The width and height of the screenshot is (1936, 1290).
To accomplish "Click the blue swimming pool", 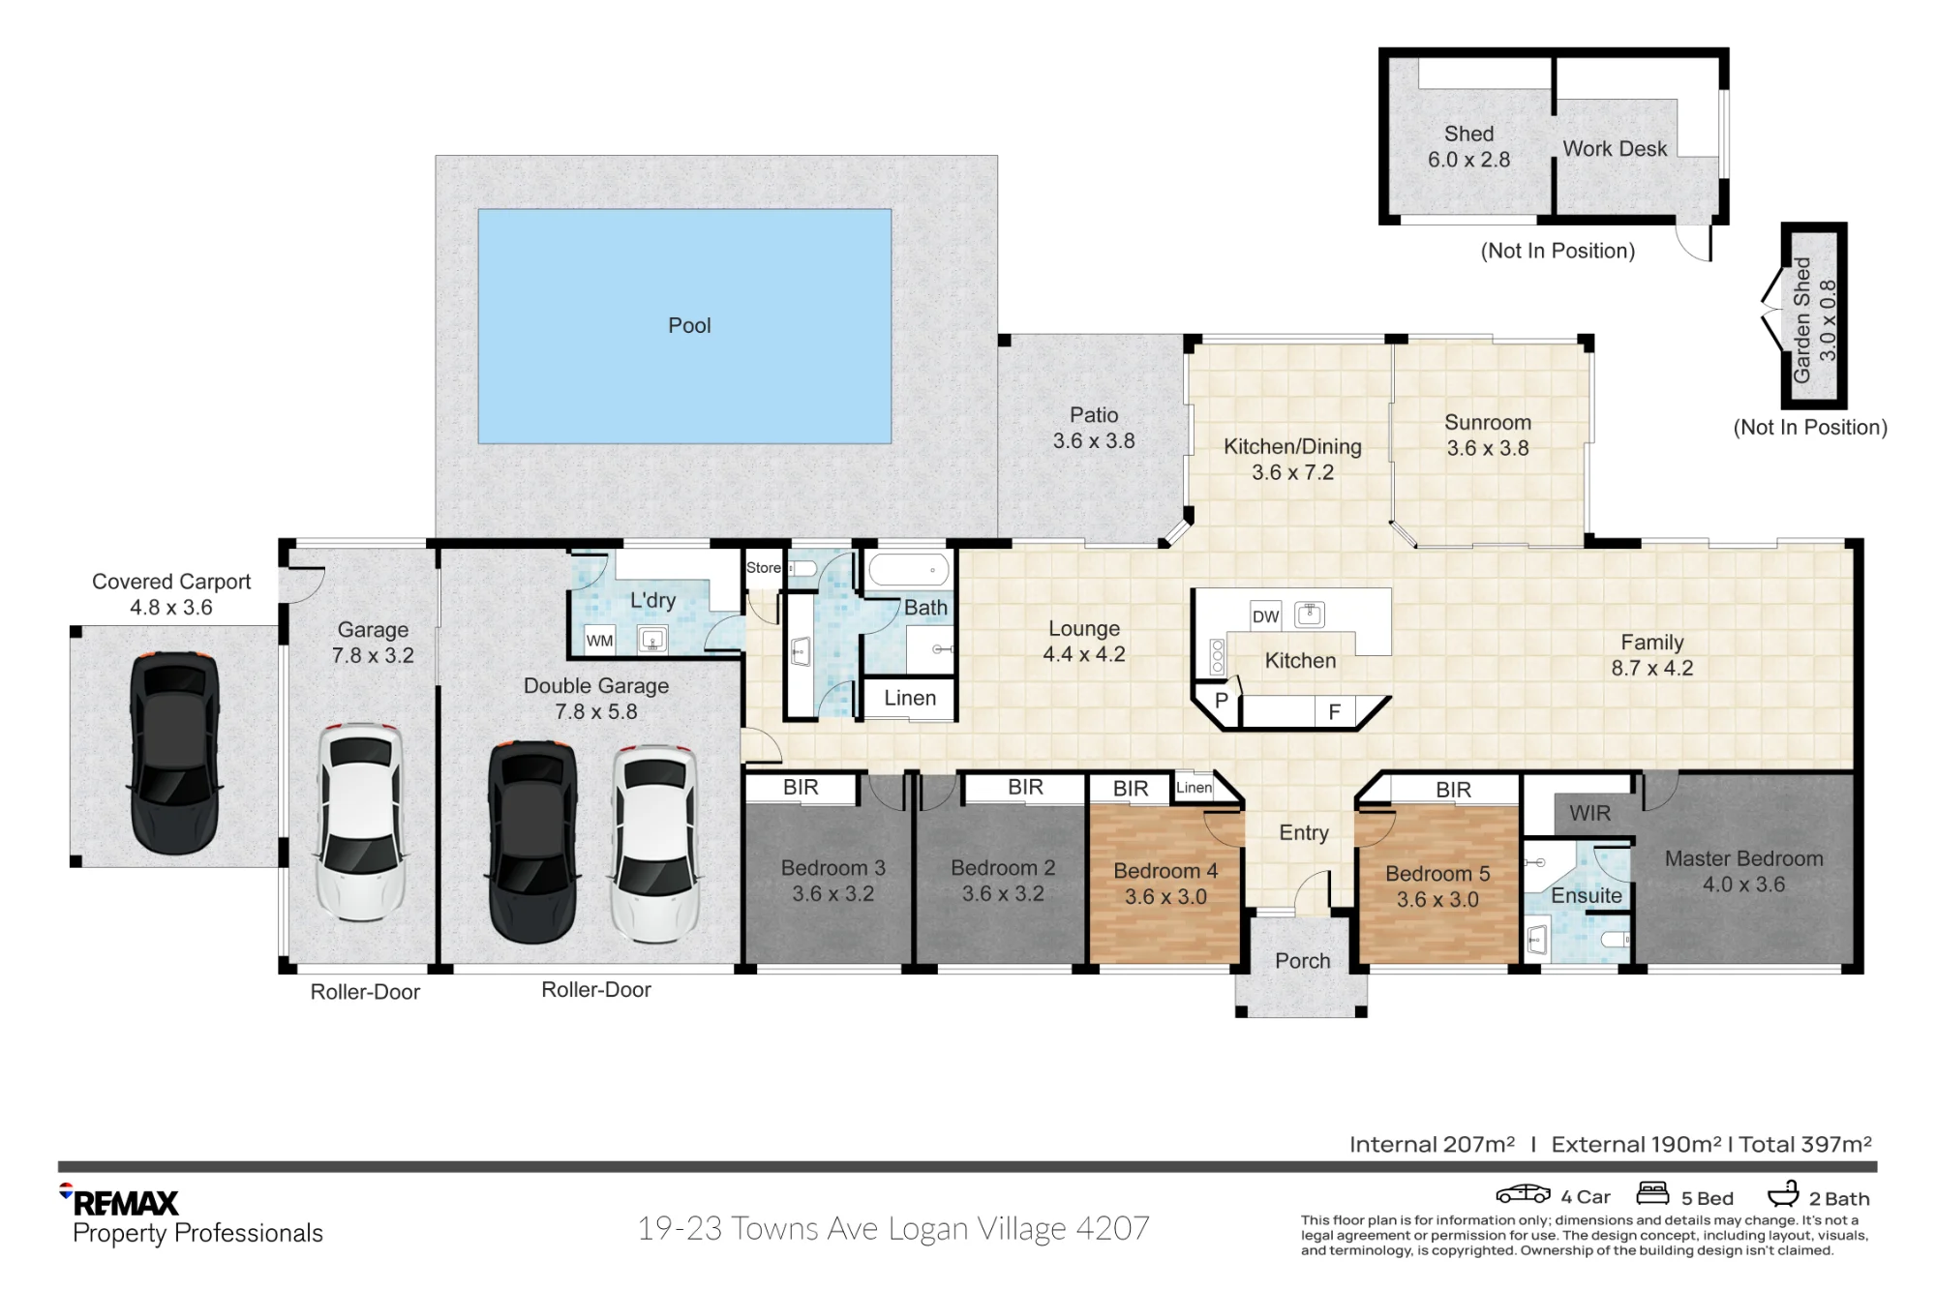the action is pos(684,326).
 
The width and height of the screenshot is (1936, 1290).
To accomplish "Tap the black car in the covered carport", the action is pos(174,753).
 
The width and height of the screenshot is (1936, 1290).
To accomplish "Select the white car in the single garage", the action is pos(360,822).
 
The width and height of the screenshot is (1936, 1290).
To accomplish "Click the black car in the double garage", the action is pos(533,842).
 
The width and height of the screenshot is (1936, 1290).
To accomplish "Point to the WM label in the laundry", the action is pos(599,641).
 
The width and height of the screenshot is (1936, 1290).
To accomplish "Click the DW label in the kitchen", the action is pos(1265,616).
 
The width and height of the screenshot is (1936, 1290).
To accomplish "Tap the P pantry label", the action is pos(1222,700).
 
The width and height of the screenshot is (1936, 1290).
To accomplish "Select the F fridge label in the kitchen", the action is pos(1334,712).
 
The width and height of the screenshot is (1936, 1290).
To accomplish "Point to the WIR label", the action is pos(1589,813).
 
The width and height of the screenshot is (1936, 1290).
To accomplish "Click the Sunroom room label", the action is pos(1488,423).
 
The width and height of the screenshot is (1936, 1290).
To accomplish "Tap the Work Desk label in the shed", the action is pos(1615,149).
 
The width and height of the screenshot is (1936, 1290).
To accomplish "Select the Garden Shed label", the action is pos(1801,319).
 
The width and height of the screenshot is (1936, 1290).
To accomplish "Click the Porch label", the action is pos(1303,961).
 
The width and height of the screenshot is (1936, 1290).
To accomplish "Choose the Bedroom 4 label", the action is pos(1165,871).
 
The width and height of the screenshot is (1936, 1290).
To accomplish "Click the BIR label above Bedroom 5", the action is pos(1453,790).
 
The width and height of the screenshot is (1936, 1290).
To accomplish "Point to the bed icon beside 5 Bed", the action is pos(1652,1193).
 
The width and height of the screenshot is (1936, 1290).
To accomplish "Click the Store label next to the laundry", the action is pos(763,568).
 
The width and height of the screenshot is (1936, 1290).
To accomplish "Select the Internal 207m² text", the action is pos(1432,1145).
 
